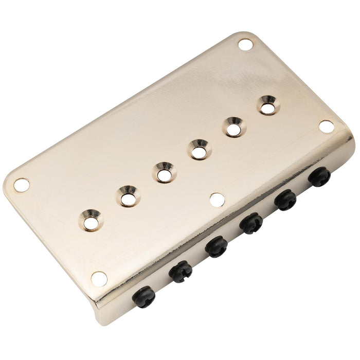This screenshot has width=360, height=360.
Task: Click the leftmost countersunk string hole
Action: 93,220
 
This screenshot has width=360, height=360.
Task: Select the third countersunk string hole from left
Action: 164,173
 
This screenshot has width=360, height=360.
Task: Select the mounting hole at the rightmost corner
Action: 326,126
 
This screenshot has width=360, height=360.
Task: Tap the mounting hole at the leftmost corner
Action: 22,185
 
